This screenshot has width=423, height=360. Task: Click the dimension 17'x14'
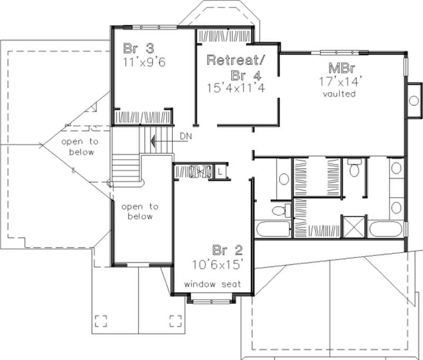[339, 82]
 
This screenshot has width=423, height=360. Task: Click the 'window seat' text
[213, 284]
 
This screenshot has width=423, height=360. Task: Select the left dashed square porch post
[101, 319]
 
